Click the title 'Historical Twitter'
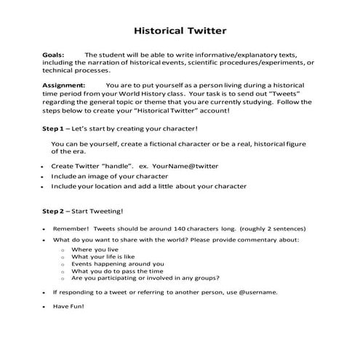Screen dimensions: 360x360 pyautogui.click(x=180, y=31)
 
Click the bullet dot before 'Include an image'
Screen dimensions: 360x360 pyautogui.click(x=44, y=177)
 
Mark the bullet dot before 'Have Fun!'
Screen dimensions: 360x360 pyautogui.click(x=44, y=306)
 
